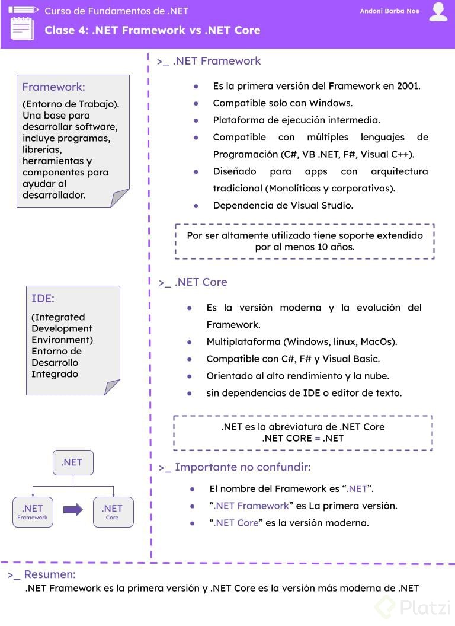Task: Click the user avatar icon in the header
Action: point(438,12)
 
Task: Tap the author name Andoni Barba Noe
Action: point(389,11)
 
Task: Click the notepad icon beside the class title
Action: point(22,27)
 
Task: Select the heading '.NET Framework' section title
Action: point(216,61)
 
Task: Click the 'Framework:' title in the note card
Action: point(53,87)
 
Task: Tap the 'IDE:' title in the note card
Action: point(43,298)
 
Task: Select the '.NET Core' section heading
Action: point(200,282)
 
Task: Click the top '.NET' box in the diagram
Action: point(72,462)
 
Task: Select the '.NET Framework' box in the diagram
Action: point(33,512)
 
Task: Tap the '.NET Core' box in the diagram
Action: point(113,512)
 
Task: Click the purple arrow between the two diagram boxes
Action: point(73,510)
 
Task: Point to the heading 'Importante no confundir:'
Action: point(242,467)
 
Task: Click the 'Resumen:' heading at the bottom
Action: point(50,574)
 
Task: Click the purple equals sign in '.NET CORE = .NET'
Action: point(317,439)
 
